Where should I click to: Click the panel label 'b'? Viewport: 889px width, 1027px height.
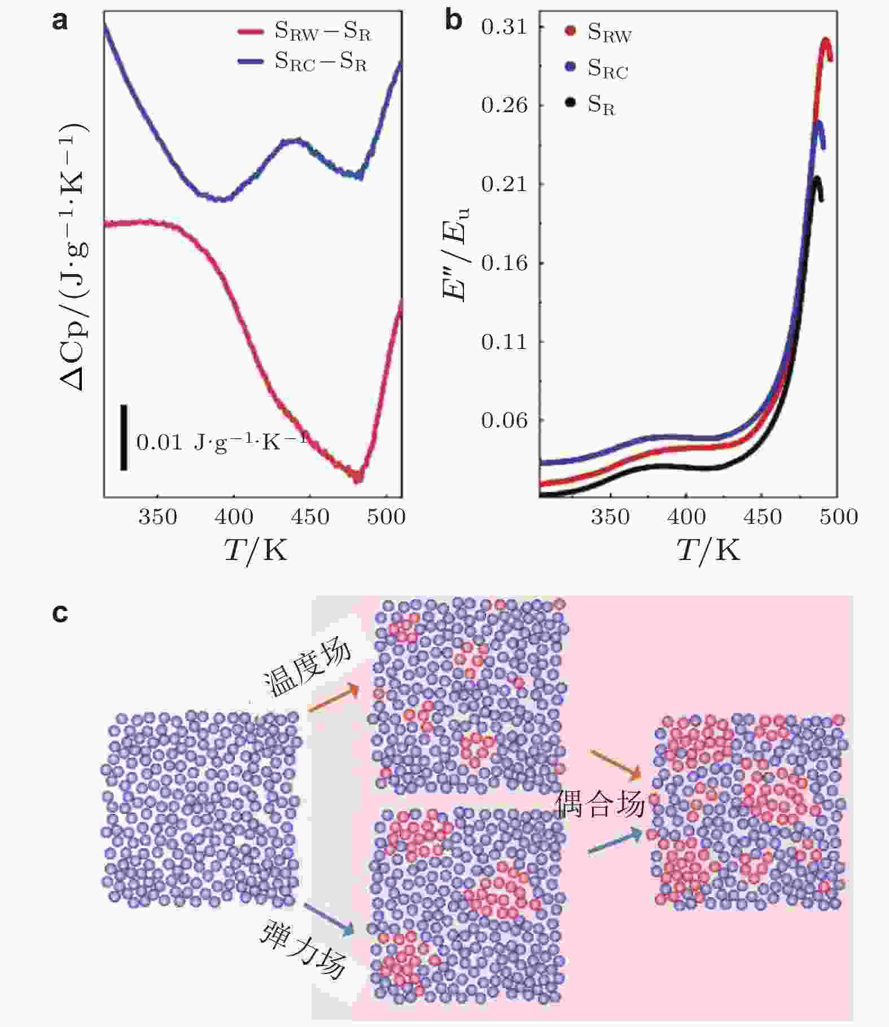[x=453, y=21]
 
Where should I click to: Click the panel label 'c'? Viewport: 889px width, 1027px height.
[x=60, y=612]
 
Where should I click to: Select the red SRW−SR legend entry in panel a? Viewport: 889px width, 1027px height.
[x=305, y=32]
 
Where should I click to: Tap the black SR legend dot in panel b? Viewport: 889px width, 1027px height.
[x=571, y=103]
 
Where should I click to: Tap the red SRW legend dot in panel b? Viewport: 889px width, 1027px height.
[x=571, y=30]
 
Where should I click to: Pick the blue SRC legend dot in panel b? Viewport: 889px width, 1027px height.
[x=571, y=67]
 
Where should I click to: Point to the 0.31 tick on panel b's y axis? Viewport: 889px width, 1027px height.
[x=504, y=27]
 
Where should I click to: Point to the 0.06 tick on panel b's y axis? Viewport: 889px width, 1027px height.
[x=504, y=420]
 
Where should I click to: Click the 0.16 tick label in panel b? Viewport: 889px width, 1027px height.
[x=504, y=263]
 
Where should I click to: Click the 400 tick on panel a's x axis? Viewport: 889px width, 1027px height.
[x=234, y=517]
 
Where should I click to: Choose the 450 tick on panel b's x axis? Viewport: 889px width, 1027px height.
[x=763, y=517]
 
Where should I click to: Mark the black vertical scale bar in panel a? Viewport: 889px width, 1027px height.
[x=124, y=437]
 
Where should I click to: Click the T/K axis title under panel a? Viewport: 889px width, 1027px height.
[x=256, y=549]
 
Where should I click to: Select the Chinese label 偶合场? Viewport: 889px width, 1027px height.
[x=599, y=804]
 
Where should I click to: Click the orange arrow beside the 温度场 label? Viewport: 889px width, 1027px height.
[x=334, y=698]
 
